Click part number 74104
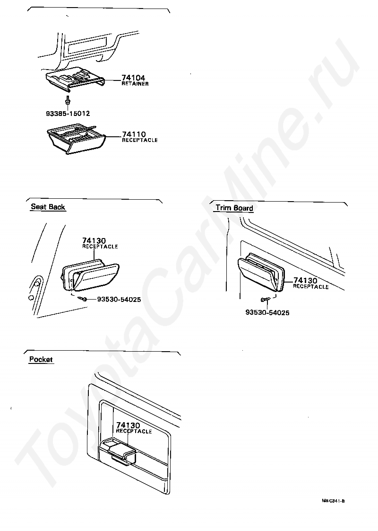[x=133, y=78]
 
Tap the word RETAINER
[x=135, y=84]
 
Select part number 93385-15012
[x=68, y=114]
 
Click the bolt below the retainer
[x=68, y=100]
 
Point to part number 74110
[x=134, y=134]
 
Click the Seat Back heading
[x=48, y=207]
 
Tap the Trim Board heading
[x=234, y=208]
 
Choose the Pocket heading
[x=41, y=359]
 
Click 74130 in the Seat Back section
[x=94, y=241]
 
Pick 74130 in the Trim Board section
[x=305, y=280]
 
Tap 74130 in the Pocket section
[x=128, y=425]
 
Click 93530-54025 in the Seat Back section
[x=119, y=300]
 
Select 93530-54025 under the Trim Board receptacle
[x=267, y=312]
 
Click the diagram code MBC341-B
[x=334, y=501]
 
